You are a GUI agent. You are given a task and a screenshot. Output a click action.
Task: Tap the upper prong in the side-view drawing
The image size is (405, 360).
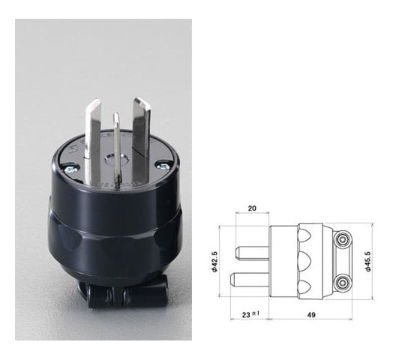[252, 249]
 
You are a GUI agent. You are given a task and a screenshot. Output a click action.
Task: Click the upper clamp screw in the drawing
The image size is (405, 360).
[344, 241]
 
